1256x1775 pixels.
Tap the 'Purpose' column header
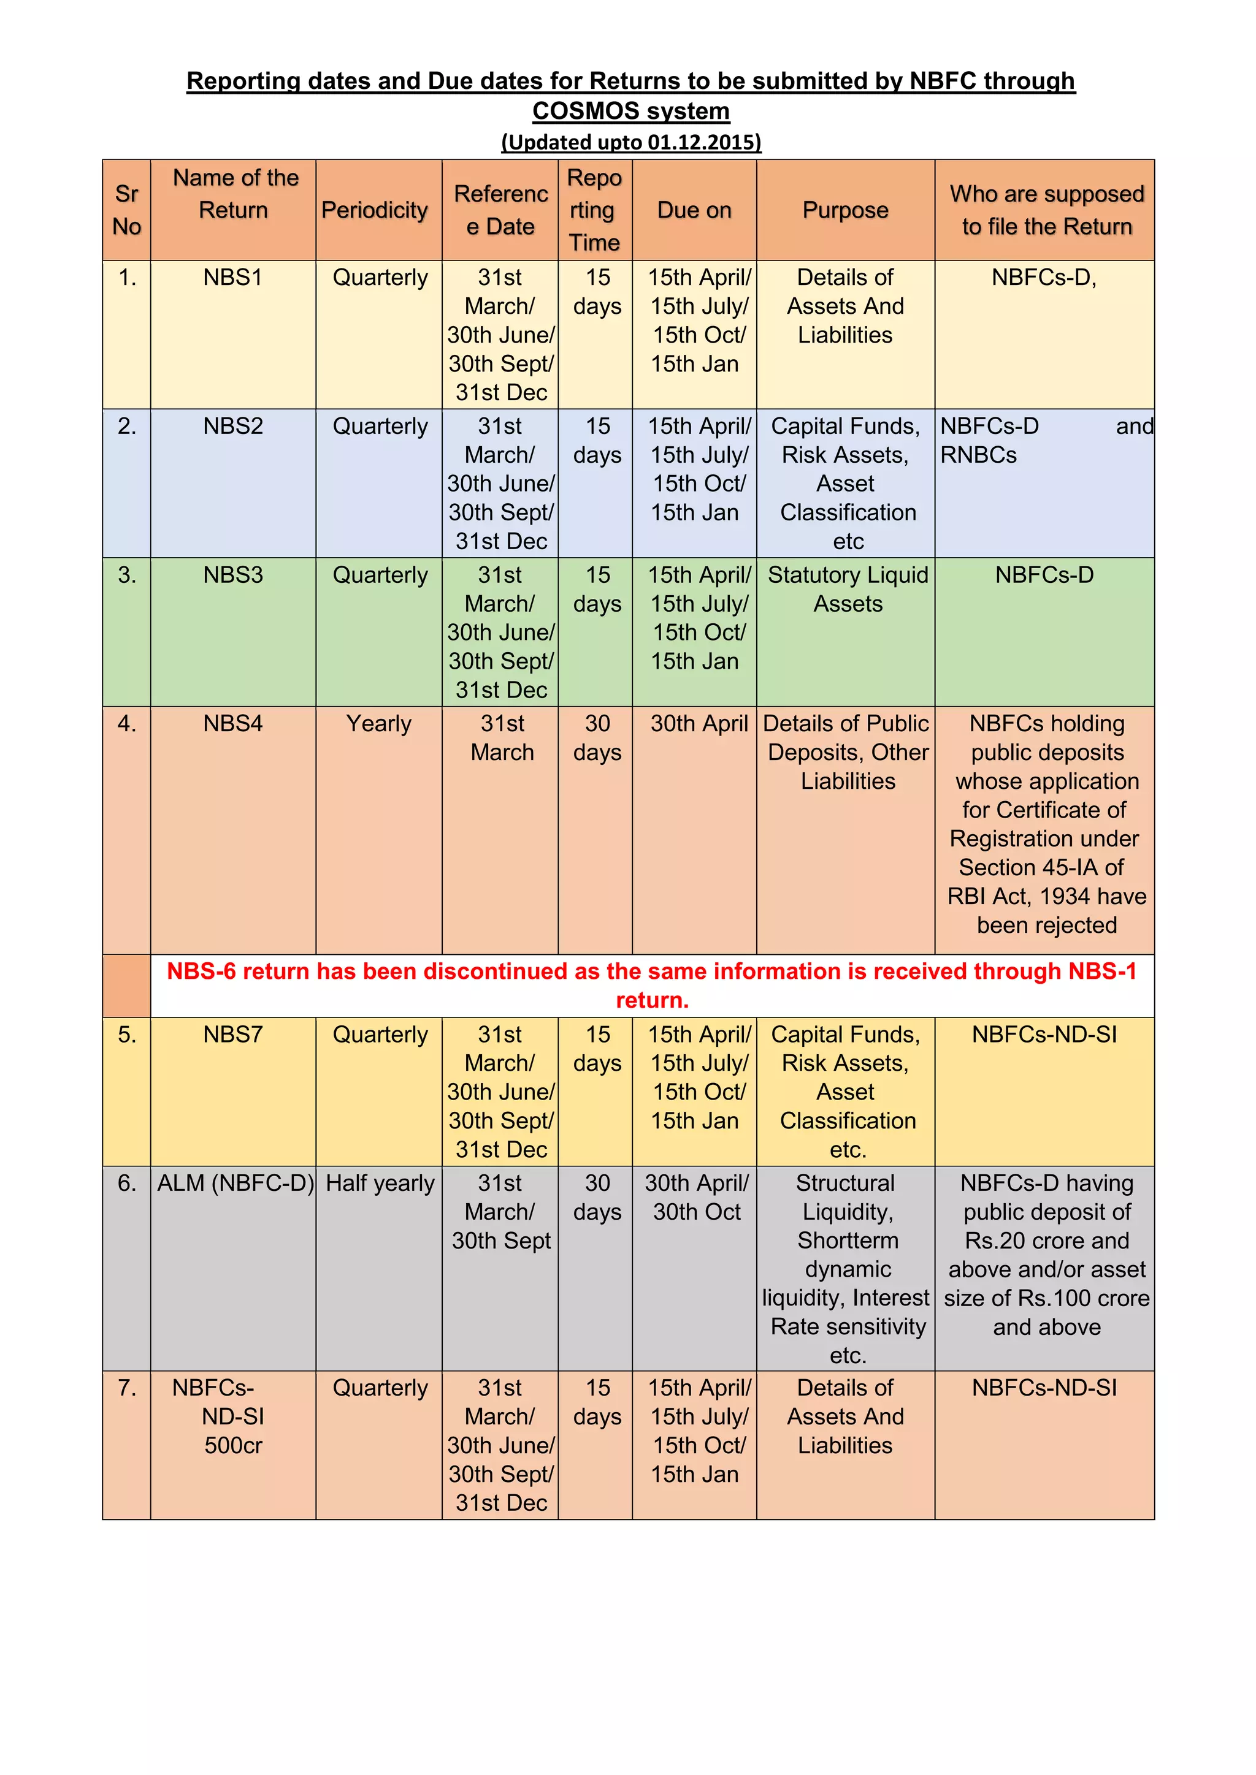coord(845,210)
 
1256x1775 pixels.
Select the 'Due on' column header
coord(694,210)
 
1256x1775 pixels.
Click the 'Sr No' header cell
coord(127,210)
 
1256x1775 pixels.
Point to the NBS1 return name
coord(233,278)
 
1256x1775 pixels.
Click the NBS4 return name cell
coord(233,724)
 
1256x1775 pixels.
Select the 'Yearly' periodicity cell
coord(378,724)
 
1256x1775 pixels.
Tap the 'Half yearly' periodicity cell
coord(380,1183)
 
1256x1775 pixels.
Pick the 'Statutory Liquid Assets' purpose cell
coord(848,589)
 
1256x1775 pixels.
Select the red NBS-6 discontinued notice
coord(652,985)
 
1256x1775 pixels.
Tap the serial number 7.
coord(127,1388)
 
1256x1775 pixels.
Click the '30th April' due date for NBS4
coord(699,724)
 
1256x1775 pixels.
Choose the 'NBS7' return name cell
coord(233,1035)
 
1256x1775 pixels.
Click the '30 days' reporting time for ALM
coord(597,1197)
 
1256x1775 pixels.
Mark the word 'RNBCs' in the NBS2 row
coord(978,455)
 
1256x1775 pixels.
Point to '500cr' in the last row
coord(234,1445)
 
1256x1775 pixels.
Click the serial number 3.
coord(127,574)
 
